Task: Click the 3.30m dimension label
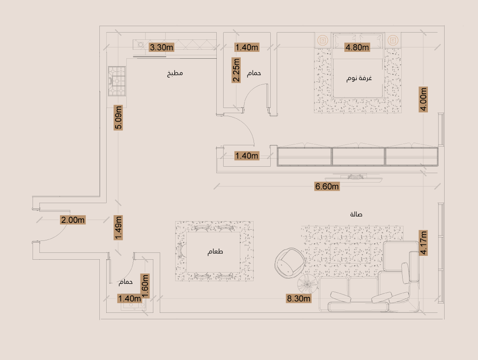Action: (161, 47)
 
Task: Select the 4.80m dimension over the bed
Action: (357, 47)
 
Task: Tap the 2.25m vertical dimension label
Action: (236, 70)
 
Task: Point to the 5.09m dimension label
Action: (118, 117)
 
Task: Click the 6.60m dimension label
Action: (327, 186)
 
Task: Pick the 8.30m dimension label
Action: (299, 298)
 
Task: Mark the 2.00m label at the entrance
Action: (73, 220)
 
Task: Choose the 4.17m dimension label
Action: (423, 243)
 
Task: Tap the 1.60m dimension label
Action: (145, 286)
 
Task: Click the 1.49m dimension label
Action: (118, 228)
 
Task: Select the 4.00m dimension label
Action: (423, 99)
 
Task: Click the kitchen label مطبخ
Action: (175, 73)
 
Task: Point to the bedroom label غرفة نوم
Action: (359, 78)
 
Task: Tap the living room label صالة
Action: (356, 214)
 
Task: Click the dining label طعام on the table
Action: (215, 252)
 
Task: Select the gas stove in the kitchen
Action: (117, 81)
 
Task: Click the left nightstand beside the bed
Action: (323, 40)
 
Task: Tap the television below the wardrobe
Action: (354, 178)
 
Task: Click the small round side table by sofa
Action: (307, 284)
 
